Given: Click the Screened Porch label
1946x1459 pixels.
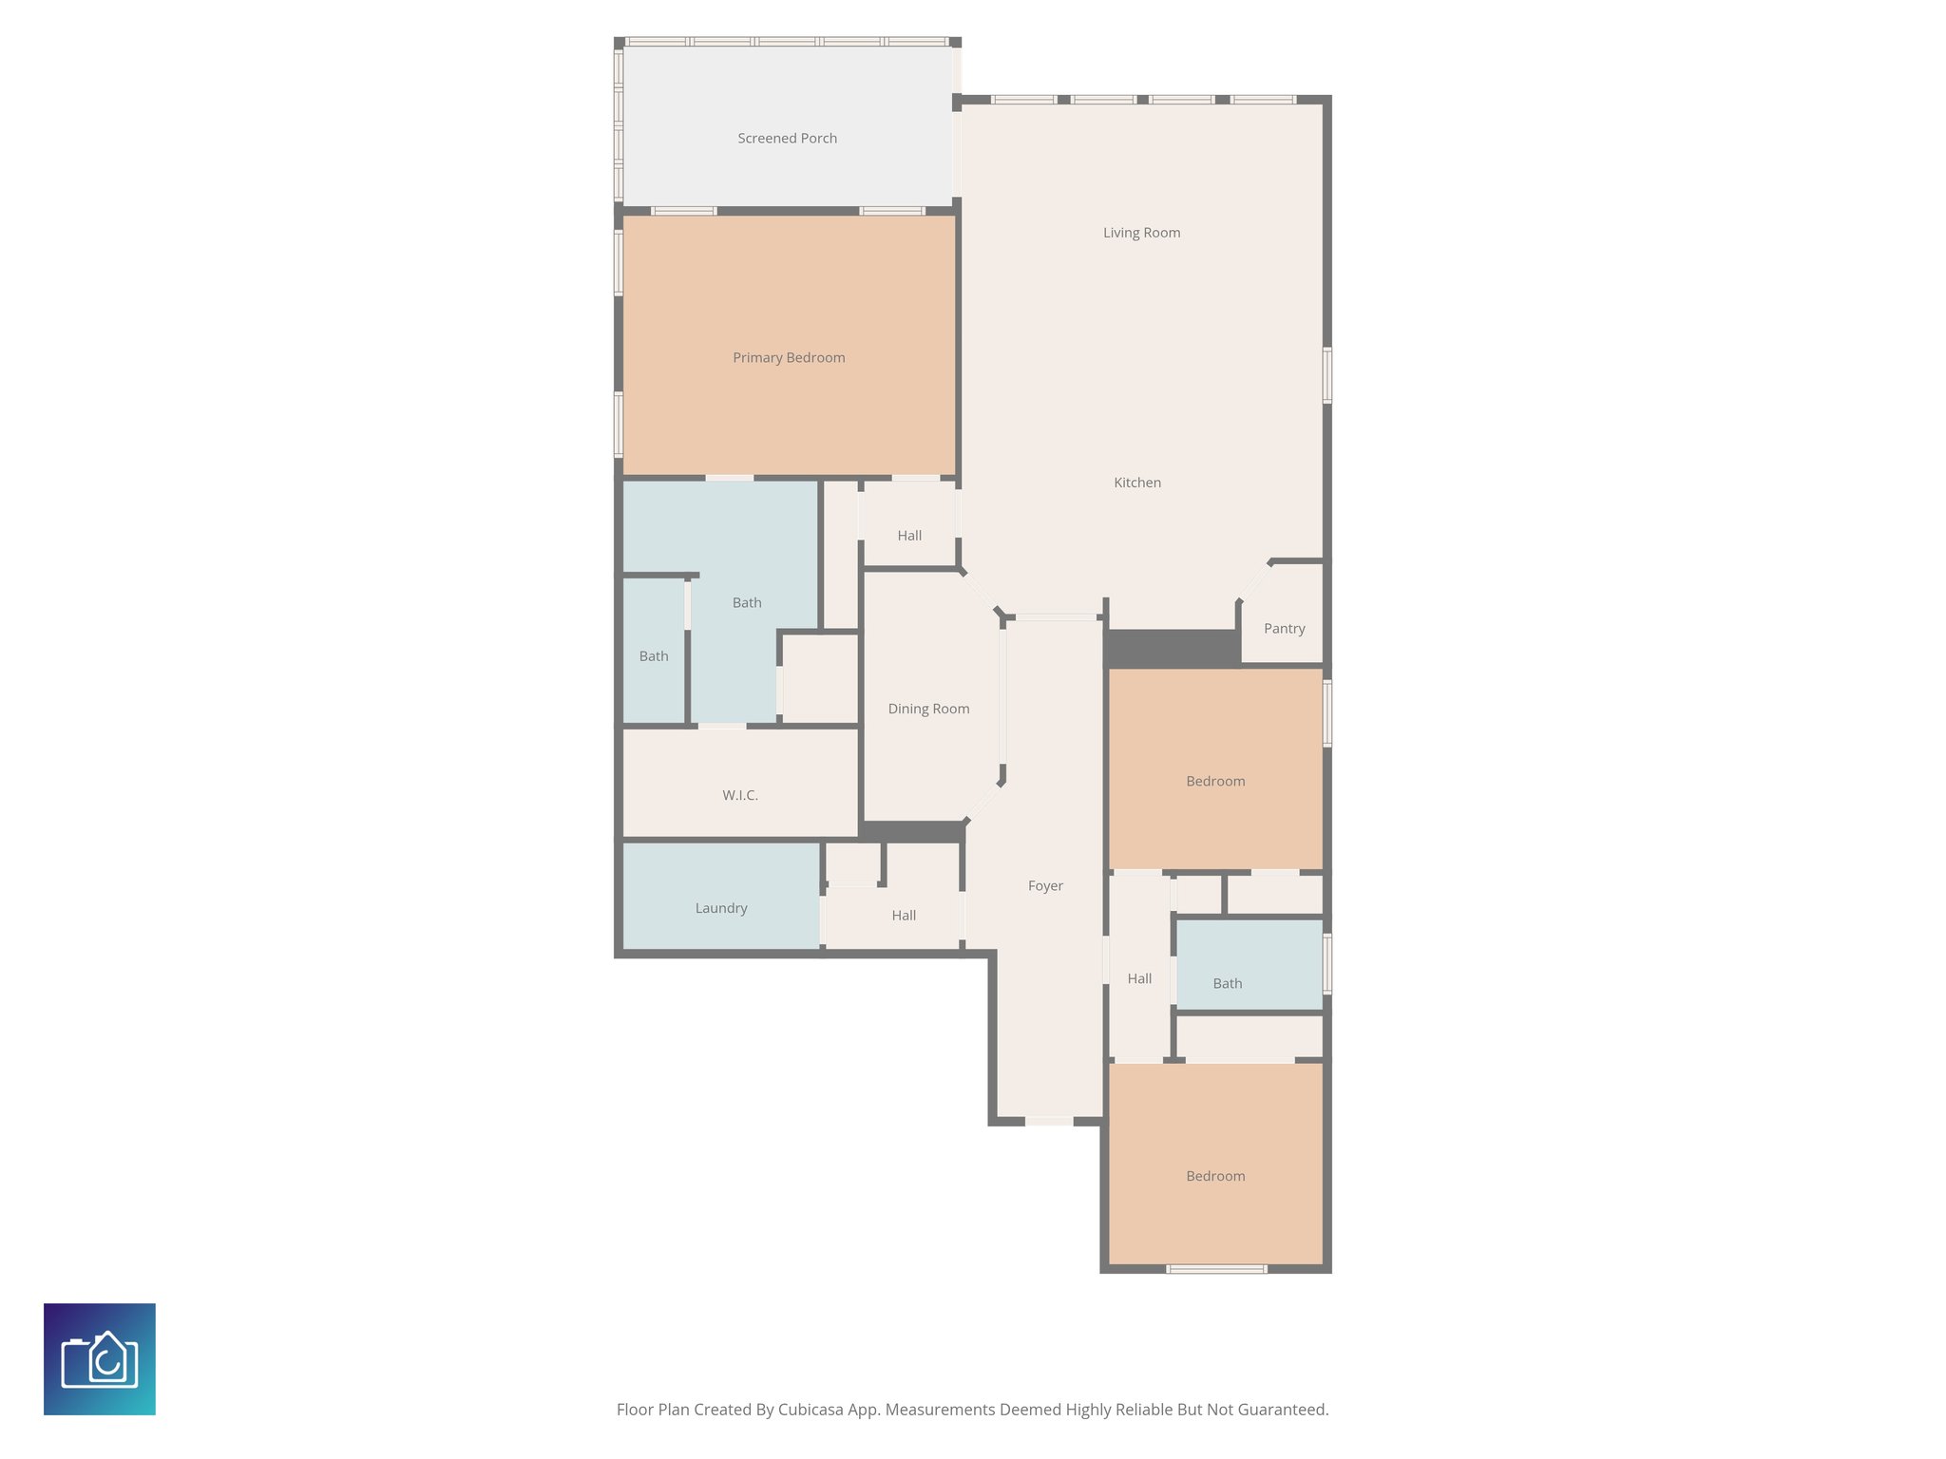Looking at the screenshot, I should pos(787,139).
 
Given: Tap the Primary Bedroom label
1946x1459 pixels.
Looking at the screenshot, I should pos(789,358).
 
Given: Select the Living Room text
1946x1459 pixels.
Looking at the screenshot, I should pos(1141,233).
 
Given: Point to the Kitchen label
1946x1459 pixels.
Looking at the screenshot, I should pos(1137,483).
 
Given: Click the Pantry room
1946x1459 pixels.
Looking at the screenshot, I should pos(1284,629).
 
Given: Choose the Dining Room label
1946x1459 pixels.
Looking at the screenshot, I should pos(928,709).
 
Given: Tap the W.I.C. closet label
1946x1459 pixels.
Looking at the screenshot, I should pos(739,795).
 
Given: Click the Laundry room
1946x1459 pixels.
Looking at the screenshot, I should pos(721,908).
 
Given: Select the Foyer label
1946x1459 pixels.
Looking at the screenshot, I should pos(1045,886).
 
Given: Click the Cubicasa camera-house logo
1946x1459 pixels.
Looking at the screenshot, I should pos(100,1359).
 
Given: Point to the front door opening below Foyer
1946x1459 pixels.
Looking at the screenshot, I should pos(1049,1122).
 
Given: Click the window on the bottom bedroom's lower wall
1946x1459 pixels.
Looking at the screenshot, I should pos(1216,1269).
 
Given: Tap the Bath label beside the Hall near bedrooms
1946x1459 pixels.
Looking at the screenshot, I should pos(1228,984).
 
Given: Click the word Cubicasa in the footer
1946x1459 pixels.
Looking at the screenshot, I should pos(812,1410).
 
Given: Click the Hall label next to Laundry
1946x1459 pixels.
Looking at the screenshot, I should pos(904,916).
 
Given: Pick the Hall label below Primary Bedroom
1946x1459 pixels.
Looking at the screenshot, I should pos(909,536).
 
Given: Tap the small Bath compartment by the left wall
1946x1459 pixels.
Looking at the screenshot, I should pos(654,656).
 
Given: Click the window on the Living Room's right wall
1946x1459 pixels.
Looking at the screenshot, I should pos(1327,375).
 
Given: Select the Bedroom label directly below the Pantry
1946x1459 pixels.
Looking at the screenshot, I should pos(1215,782).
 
